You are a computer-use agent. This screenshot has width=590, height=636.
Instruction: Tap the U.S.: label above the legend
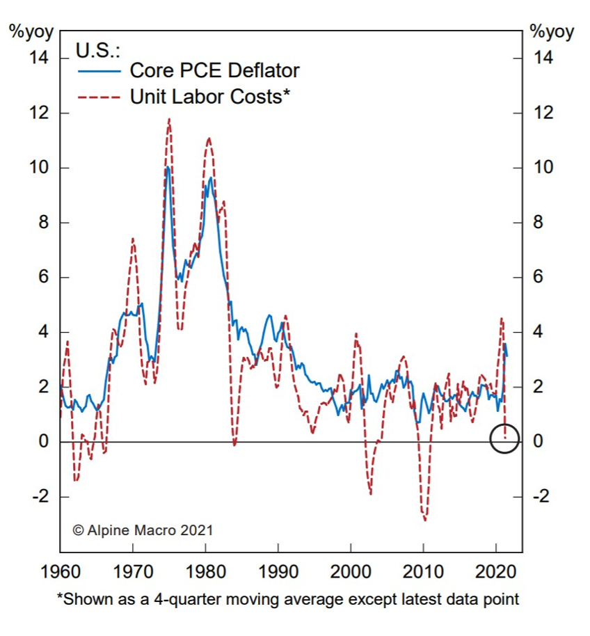click(97, 50)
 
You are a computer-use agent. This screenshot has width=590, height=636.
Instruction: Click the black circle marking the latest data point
click(504, 439)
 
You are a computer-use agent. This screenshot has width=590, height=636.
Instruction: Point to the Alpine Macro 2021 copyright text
click(143, 530)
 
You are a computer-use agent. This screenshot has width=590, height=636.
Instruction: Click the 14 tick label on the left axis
click(39, 58)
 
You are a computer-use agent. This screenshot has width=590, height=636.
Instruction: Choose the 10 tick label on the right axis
click(543, 168)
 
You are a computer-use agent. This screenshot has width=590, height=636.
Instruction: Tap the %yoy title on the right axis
click(552, 31)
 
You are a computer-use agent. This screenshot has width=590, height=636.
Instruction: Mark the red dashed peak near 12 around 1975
click(168, 120)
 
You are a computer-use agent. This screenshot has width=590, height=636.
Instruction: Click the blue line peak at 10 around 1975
click(168, 168)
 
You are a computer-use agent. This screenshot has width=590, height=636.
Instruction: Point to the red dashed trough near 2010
click(424, 519)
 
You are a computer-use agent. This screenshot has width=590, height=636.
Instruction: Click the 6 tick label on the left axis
click(43, 278)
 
